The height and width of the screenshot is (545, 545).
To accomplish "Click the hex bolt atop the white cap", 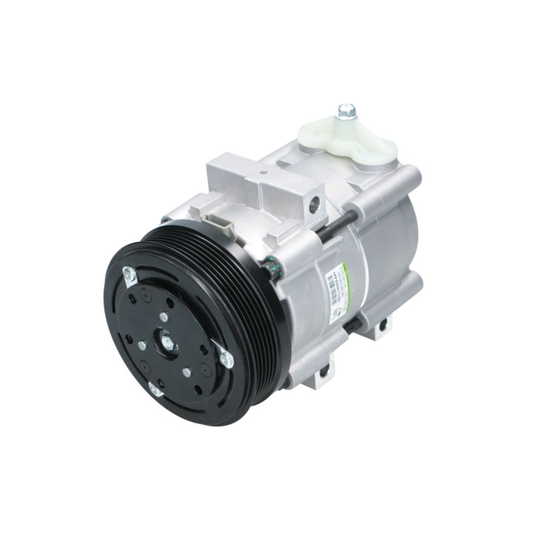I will pyautogui.click(x=346, y=111).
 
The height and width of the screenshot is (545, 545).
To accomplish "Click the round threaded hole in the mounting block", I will pyautogui.click(x=313, y=205).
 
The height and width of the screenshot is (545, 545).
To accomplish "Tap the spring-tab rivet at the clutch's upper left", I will pyautogui.click(x=129, y=276).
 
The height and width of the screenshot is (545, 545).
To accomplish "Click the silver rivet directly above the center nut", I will pyautogui.click(x=164, y=317).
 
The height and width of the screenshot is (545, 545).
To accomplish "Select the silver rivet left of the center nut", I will pyautogui.click(x=142, y=345).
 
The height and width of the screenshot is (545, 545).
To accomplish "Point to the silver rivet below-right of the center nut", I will pyautogui.click(x=187, y=373).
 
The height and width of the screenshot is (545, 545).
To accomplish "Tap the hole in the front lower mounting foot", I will pyautogui.click(x=324, y=373).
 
